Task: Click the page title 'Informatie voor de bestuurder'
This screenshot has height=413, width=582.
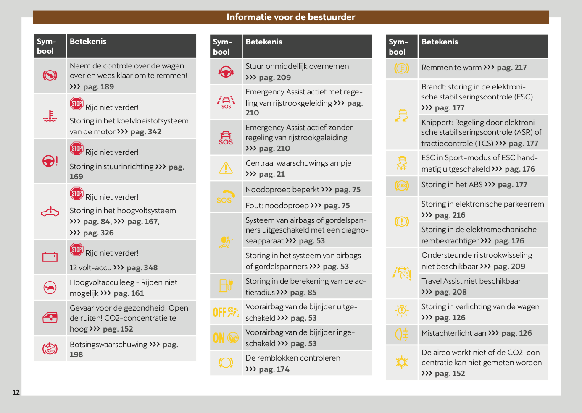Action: point(291,17)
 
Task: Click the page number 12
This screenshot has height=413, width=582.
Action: point(16,392)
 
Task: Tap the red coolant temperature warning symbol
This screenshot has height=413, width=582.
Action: point(50,116)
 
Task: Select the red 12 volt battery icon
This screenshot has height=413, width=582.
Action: point(50,256)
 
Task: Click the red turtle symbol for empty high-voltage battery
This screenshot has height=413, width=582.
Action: point(50,288)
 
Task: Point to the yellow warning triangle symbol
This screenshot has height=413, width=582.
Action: point(226,168)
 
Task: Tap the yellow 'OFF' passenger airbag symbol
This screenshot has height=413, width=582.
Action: point(226,312)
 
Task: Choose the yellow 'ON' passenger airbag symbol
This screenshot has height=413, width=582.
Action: point(226,337)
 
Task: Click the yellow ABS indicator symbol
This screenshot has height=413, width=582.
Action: point(401,185)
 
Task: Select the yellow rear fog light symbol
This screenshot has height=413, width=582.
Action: point(401,334)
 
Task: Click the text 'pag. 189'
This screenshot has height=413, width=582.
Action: point(98,87)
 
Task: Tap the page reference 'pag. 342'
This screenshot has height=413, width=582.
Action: point(146,132)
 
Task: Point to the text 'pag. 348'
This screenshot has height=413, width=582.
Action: point(142,268)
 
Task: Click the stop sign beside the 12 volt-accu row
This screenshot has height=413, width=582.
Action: point(76,249)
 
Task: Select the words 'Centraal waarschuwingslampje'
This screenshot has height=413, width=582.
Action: point(298,163)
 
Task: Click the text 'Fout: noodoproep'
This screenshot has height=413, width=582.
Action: point(277,206)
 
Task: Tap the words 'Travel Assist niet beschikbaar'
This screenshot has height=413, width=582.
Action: point(471,281)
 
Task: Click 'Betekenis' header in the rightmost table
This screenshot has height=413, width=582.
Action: point(440,42)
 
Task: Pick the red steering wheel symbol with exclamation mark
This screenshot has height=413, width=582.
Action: point(50,161)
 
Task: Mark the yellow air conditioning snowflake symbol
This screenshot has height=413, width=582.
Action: point(401,362)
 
